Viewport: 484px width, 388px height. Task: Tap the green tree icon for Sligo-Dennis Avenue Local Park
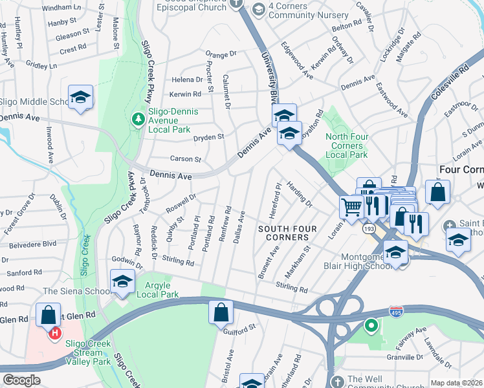[x=138, y=118]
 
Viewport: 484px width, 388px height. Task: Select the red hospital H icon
[x=55, y=333]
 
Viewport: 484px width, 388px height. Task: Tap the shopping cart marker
[x=351, y=208]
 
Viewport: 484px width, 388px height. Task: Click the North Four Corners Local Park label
[x=347, y=145]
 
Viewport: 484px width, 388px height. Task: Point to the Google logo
[x=21, y=380]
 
